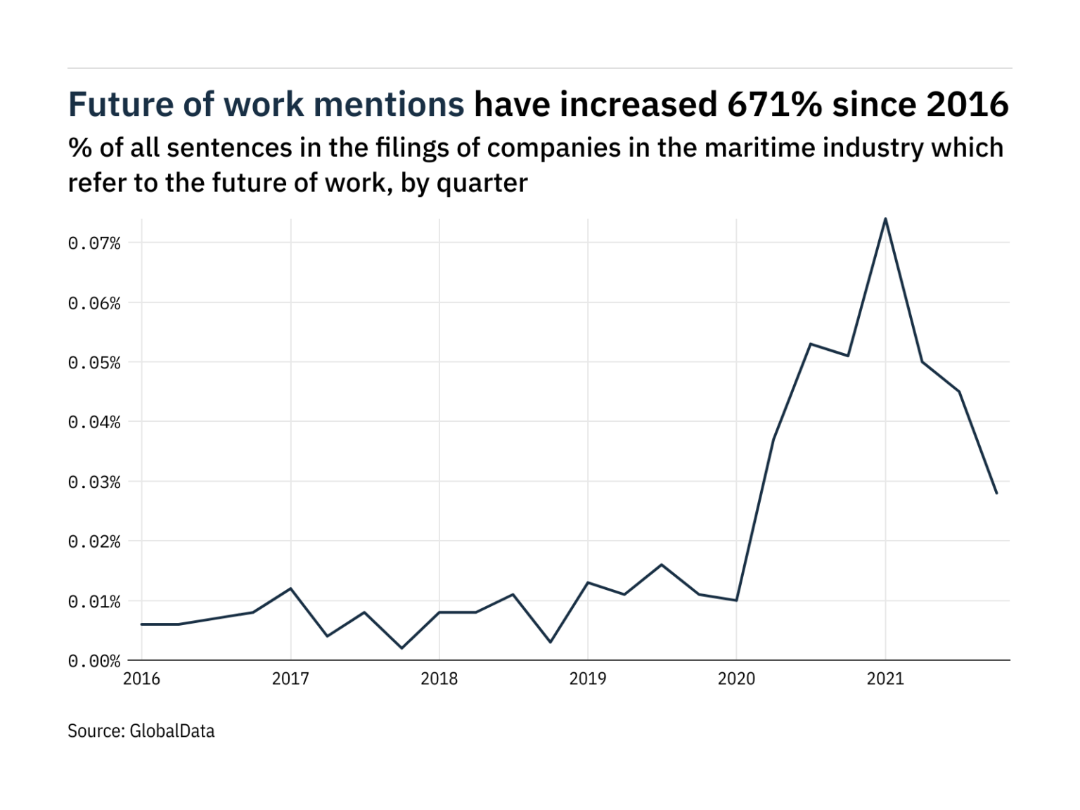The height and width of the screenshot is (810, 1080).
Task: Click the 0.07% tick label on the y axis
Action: coord(94,243)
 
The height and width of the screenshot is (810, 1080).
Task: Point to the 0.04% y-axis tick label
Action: coord(94,422)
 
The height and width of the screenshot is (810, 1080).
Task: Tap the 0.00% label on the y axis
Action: coord(94,661)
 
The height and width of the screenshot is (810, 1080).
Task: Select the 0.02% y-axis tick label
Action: coord(94,541)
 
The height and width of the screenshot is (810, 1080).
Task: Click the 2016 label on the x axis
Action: coord(141,679)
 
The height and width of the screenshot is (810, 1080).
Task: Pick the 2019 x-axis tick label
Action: coord(588,679)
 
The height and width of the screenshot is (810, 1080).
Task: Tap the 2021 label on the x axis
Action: coord(885,679)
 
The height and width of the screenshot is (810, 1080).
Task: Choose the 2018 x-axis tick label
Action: coord(439,679)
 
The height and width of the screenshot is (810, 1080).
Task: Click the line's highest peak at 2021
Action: coord(885,219)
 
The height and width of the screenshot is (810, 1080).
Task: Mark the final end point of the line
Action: coord(996,493)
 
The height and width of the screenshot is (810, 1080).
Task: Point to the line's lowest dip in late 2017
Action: coord(401,648)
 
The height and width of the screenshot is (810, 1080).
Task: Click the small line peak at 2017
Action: coord(290,589)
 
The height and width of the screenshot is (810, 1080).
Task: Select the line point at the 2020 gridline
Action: coord(736,600)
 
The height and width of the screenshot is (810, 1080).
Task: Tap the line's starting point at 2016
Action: coord(142,624)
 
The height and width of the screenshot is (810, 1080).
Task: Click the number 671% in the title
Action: coord(774,105)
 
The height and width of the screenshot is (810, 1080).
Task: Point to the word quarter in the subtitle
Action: coord(482,184)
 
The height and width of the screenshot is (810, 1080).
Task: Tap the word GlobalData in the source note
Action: coord(172,731)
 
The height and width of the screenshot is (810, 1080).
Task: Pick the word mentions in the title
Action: coord(389,105)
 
